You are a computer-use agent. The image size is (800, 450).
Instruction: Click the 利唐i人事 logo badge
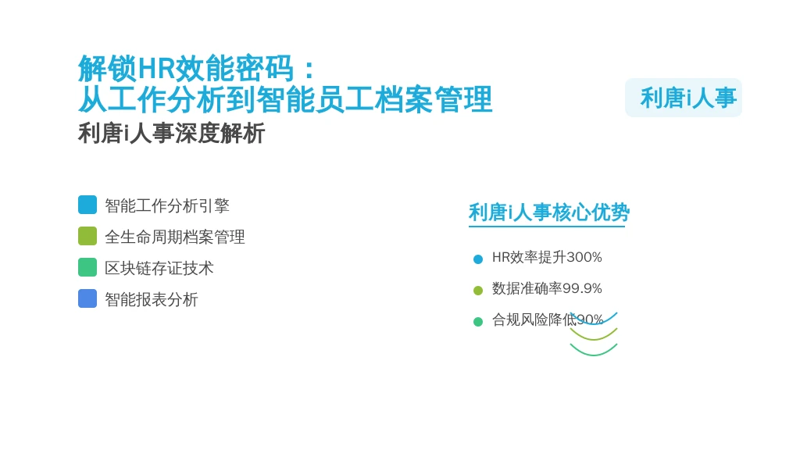click(683, 98)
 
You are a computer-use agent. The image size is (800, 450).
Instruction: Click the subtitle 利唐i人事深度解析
click(171, 134)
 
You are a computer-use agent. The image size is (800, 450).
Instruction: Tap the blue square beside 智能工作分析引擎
click(87, 205)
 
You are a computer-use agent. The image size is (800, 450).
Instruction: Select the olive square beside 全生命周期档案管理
click(87, 236)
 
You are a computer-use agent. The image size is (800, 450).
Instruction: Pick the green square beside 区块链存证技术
click(87, 267)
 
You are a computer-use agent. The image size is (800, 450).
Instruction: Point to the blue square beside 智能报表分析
click(87, 298)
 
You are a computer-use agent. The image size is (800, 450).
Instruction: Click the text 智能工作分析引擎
click(167, 205)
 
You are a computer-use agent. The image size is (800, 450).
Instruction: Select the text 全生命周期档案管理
click(175, 237)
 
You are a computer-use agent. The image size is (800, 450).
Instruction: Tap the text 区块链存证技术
click(159, 269)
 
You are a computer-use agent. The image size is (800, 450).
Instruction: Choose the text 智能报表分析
click(152, 299)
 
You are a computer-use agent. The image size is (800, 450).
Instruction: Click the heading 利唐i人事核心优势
click(549, 212)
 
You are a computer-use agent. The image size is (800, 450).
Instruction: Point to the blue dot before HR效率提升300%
click(478, 259)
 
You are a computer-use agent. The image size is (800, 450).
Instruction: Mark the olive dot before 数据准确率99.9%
click(478, 291)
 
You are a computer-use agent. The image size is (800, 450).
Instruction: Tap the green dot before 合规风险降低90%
click(478, 321)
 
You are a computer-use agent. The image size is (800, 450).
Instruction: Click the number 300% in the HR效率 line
click(584, 257)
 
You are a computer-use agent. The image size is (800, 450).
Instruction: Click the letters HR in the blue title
click(156, 68)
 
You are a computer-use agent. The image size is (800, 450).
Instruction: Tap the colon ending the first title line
click(309, 70)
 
